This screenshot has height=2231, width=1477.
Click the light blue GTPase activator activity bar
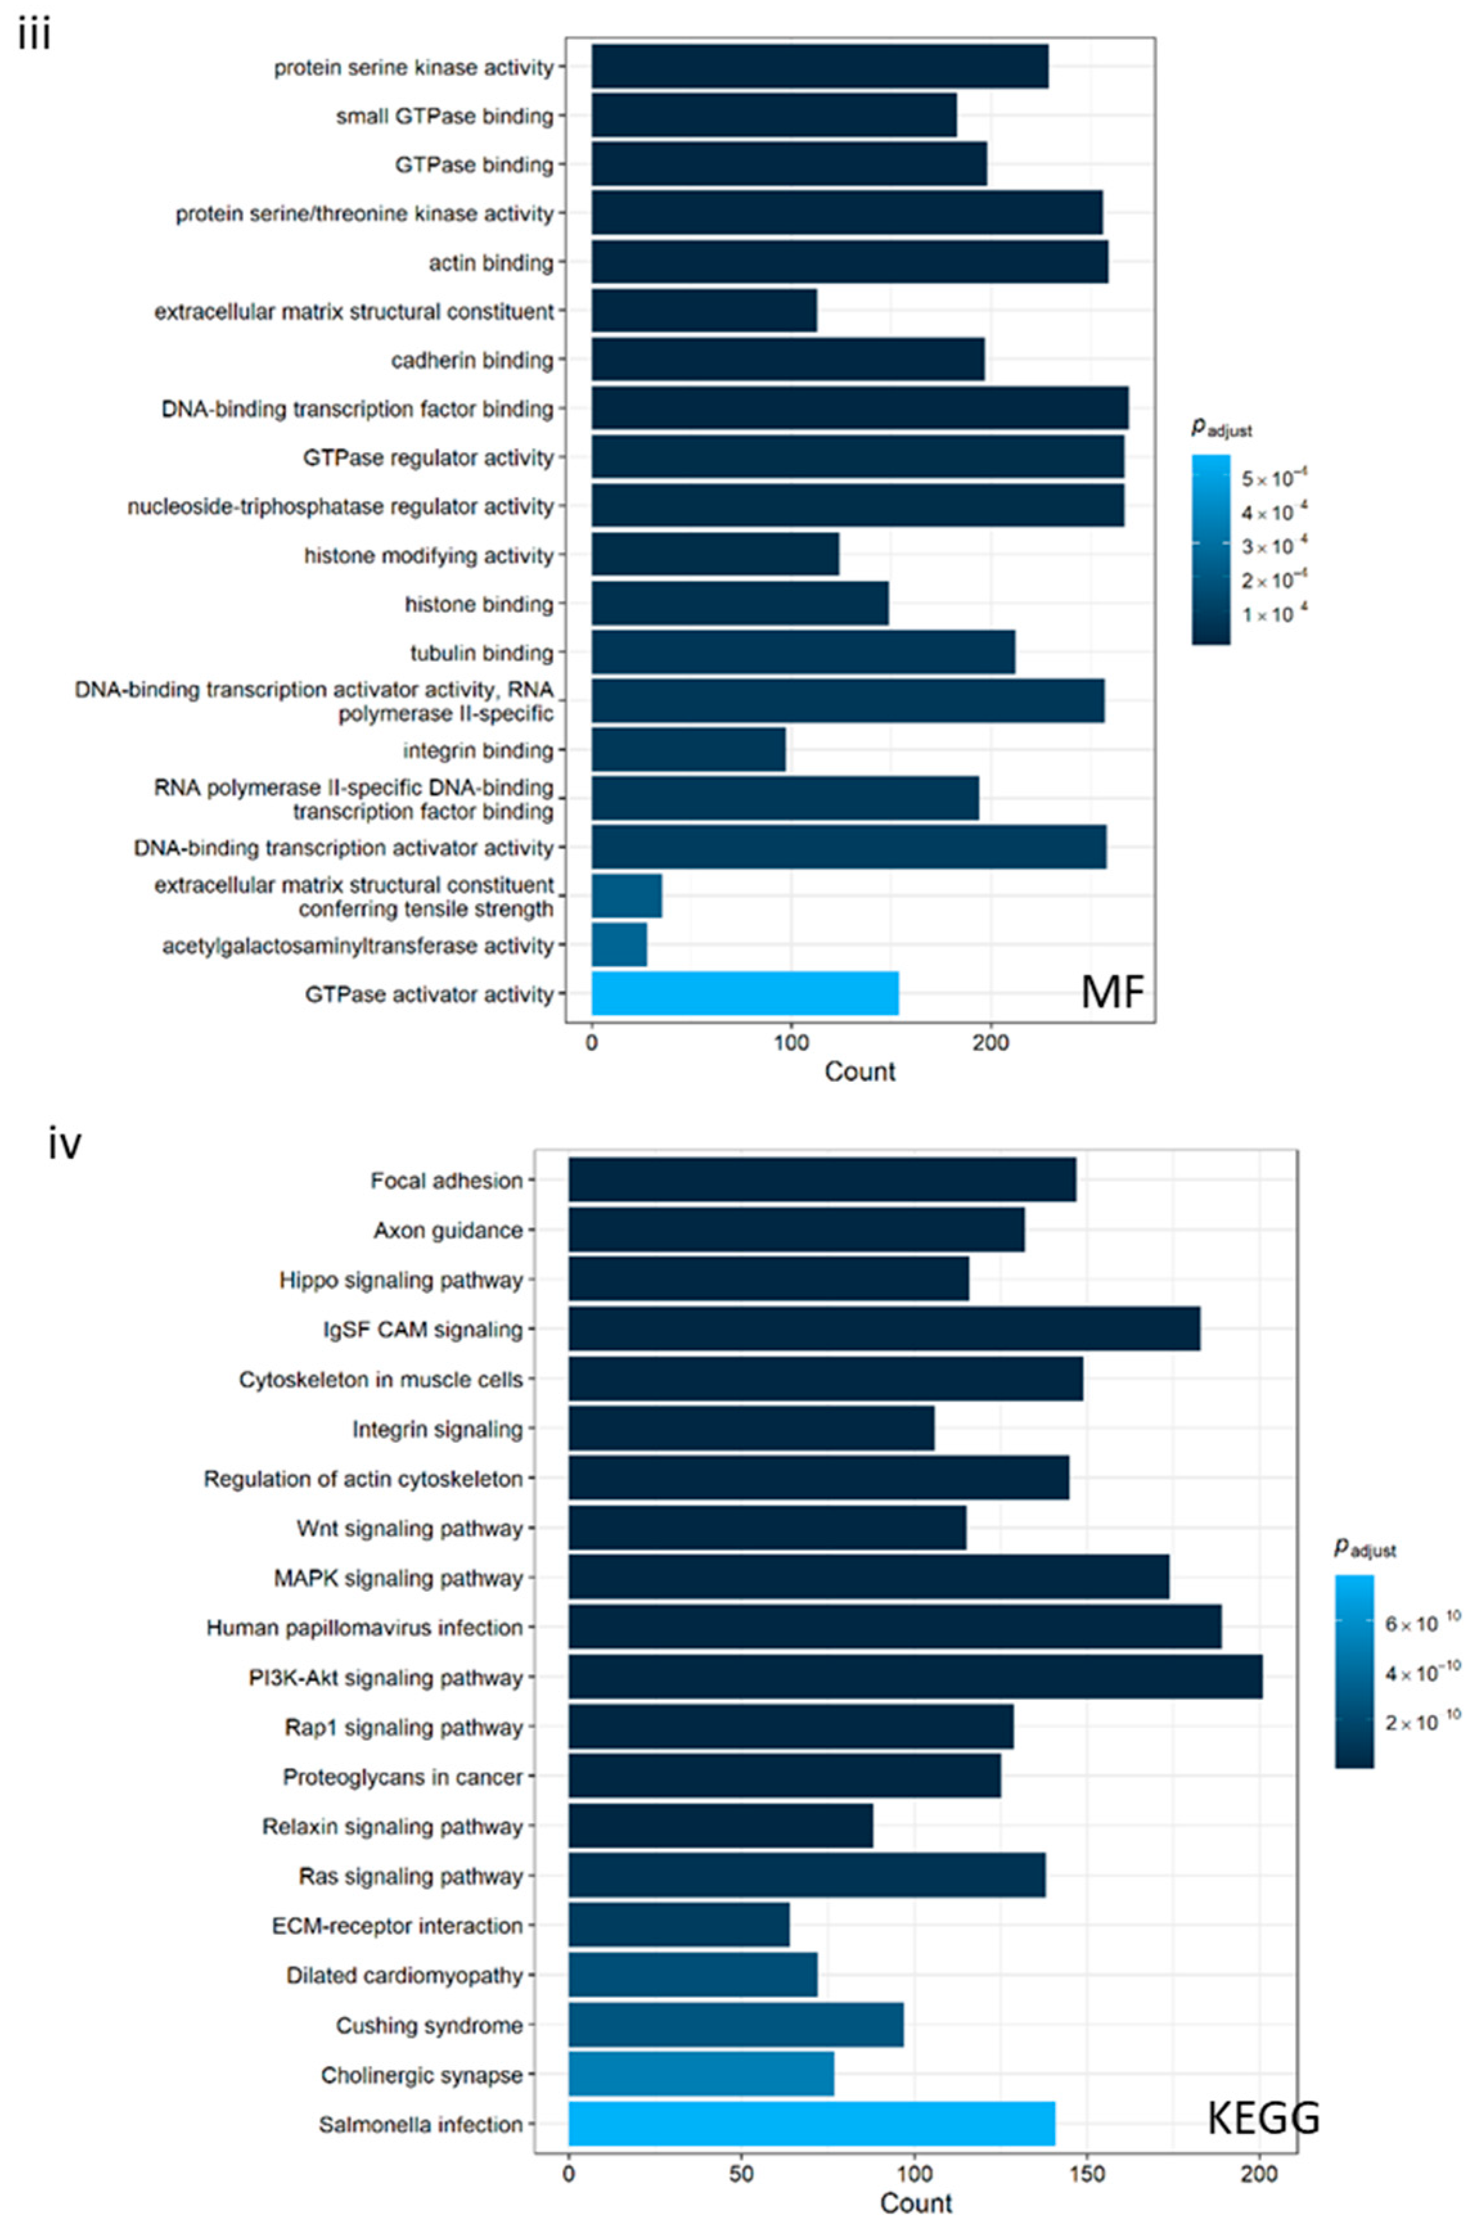coord(744,994)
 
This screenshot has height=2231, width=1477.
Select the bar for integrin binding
coord(687,750)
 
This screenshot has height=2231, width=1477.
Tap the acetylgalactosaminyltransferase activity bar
coord(619,944)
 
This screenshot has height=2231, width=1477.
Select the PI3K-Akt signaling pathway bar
coord(915,1677)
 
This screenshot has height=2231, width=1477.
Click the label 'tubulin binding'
coord(481,653)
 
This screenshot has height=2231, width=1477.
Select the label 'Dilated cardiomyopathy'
coord(404,1975)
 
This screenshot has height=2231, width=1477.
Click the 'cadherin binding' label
coord(472,360)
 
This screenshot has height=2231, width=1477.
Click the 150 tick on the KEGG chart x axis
coord(1087,2174)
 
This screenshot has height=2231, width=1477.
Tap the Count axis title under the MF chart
coord(859,1071)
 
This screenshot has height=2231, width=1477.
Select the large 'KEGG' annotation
coord(1262,2118)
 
